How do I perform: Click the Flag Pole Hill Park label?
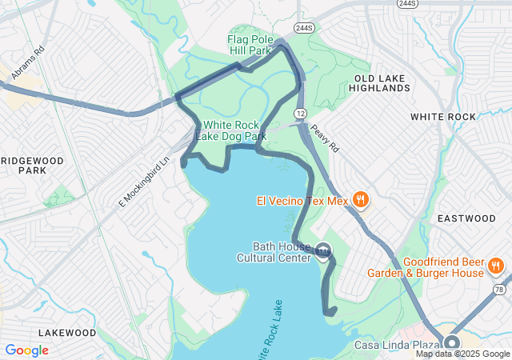[x=250, y=44]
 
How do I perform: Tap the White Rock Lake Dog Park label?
[x=234, y=130]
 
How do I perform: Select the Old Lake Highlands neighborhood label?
[x=381, y=82]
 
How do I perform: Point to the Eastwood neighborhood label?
[x=467, y=218]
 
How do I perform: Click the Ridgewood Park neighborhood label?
[x=33, y=166]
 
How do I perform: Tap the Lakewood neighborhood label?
[x=67, y=333]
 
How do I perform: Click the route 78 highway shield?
[x=499, y=289]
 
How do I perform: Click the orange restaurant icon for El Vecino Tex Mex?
[x=361, y=200]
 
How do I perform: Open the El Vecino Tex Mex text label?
[x=302, y=200]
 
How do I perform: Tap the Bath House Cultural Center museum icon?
[x=322, y=251]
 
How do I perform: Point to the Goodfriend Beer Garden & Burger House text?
[x=426, y=267]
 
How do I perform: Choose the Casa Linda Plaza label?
[x=396, y=346]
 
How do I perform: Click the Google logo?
[x=27, y=350]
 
